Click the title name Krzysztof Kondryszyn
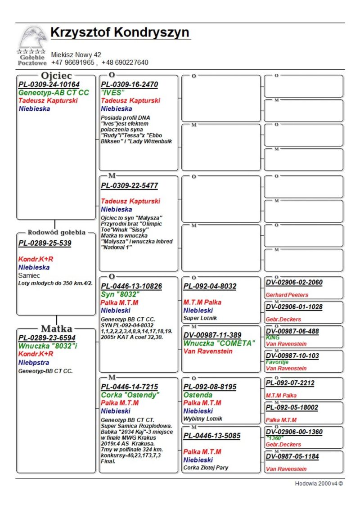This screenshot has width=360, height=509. click(120, 33)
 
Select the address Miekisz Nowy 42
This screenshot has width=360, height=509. click(76, 55)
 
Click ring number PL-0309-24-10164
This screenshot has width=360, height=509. click(49, 85)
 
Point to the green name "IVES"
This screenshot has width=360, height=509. click(113, 92)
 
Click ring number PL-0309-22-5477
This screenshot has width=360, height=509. click(129, 185)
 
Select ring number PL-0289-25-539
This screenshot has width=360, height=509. click(45, 243)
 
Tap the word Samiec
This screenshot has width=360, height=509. click(29, 275)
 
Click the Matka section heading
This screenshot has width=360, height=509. click(57, 329)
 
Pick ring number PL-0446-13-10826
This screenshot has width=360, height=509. click(131, 286)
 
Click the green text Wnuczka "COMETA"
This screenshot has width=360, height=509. click(219, 343)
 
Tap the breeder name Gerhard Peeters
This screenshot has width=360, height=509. click(287, 295)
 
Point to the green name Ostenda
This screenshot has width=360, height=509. click(198, 395)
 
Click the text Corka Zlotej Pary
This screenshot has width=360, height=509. click(206, 468)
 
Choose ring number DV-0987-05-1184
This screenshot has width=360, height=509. click(292, 456)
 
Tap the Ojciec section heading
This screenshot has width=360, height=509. click(57, 76)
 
